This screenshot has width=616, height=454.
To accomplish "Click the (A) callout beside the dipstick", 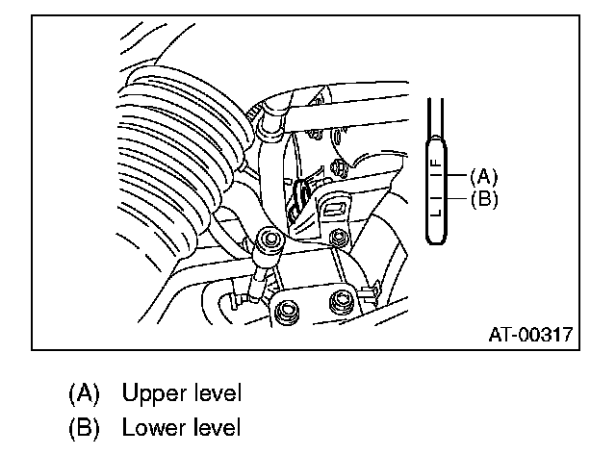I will (482, 176).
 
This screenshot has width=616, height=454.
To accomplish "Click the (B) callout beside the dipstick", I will (482, 200).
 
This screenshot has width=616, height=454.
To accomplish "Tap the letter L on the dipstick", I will (436, 213).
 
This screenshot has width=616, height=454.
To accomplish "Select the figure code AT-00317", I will (529, 336).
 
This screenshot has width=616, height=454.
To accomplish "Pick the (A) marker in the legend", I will (84, 392).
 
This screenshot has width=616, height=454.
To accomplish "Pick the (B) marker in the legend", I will (84, 426).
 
